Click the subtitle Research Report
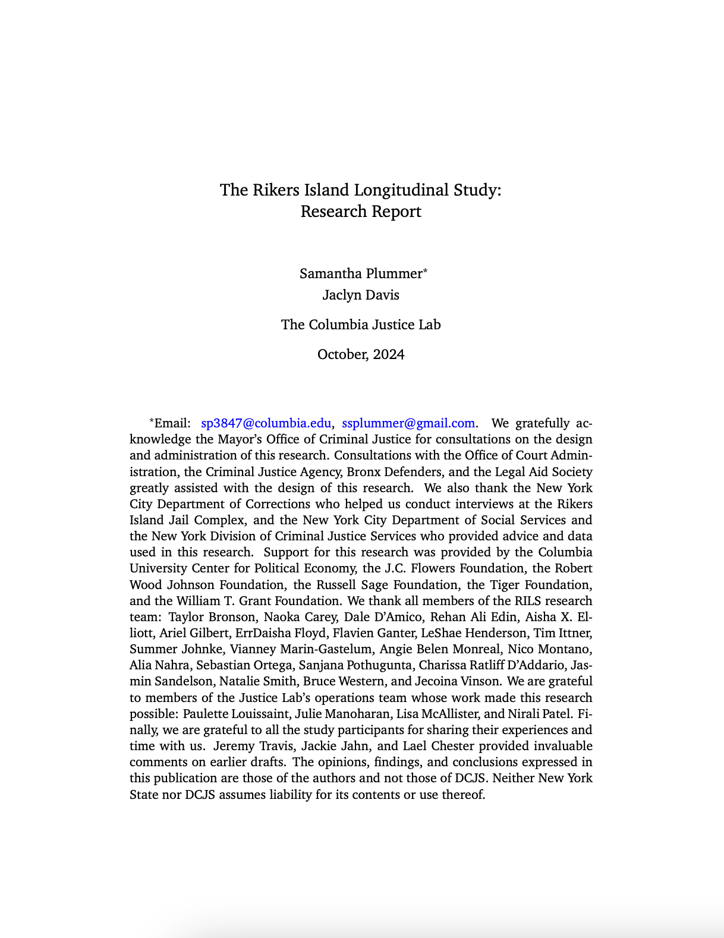tap(361, 212)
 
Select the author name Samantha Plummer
tap(360, 273)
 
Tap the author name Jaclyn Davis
tap(361, 295)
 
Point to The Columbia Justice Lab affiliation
tap(361, 325)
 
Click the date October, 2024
tap(361, 355)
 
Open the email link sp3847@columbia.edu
tap(266, 423)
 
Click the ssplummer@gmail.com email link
tap(408, 423)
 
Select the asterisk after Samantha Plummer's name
tap(425, 271)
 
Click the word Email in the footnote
tap(172, 423)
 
